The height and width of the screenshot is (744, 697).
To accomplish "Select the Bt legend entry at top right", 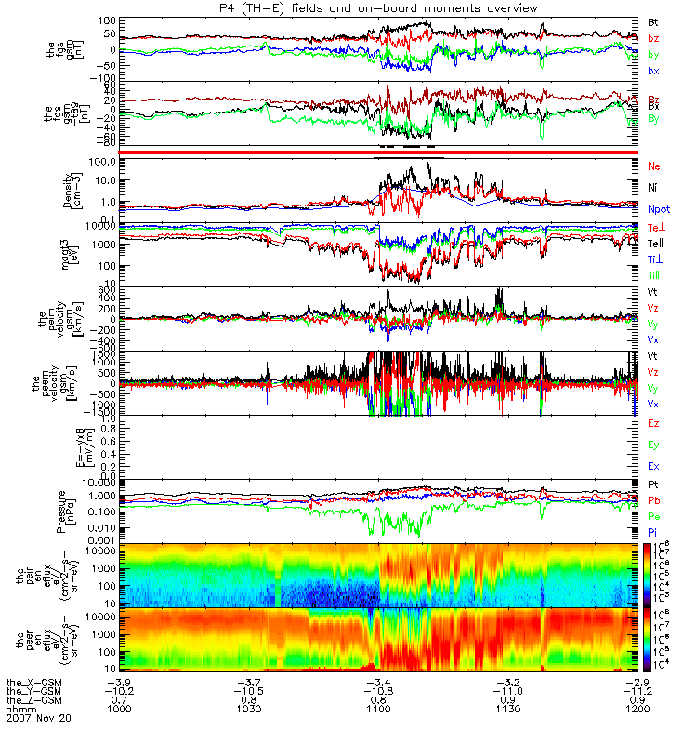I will (655, 20).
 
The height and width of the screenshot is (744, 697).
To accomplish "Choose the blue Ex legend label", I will (655, 466).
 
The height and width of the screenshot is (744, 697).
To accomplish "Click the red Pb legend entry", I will (655, 499).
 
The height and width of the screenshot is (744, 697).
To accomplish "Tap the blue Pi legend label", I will (654, 530).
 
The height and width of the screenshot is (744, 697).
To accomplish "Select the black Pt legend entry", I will (654, 485).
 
